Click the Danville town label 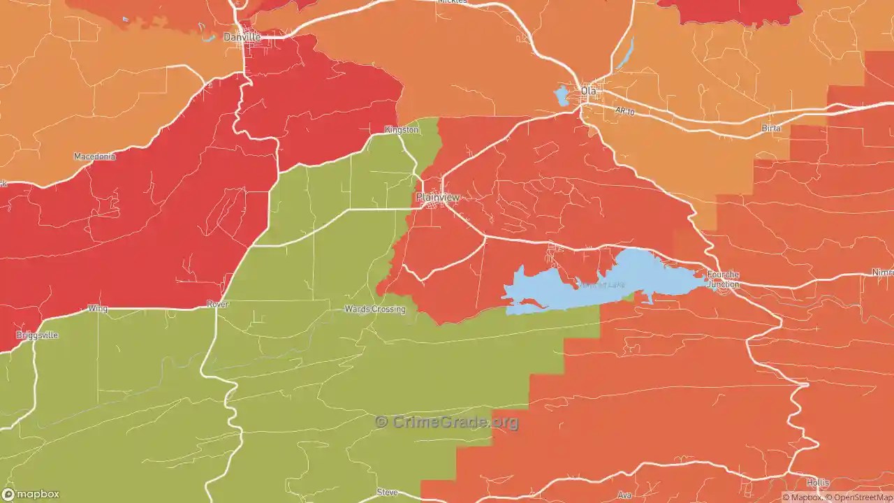click(242, 37)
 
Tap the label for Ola click(589, 92)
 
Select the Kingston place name click(402, 130)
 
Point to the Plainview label click(438, 198)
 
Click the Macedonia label click(94, 156)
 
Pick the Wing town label click(98, 308)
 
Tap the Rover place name click(218, 305)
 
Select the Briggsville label click(37, 335)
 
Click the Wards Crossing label click(375, 309)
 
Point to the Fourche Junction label click(723, 279)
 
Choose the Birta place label click(771, 129)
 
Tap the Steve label click(387, 493)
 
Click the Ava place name click(624, 495)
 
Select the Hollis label click(818, 483)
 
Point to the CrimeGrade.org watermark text click(447, 422)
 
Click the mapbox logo click(31, 494)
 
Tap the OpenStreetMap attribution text click(860, 498)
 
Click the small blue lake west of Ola click(562, 96)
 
